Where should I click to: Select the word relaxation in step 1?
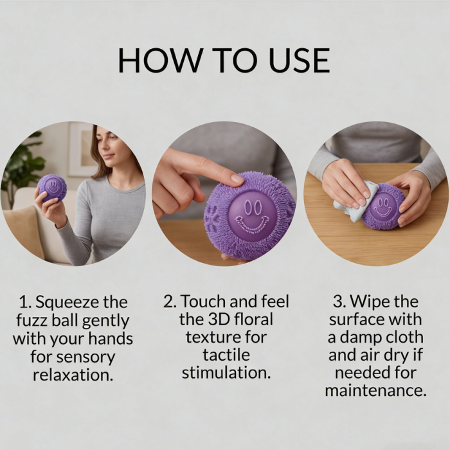tap(73, 375)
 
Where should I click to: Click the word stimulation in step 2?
tap(226, 373)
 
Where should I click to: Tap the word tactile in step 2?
tap(226, 355)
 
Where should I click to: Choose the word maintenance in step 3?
tap(375, 391)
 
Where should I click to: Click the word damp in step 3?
tap(359, 337)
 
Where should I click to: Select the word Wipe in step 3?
tap(370, 302)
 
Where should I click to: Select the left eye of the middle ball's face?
tap(247, 207)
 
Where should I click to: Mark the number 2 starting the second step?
tap(168, 301)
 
